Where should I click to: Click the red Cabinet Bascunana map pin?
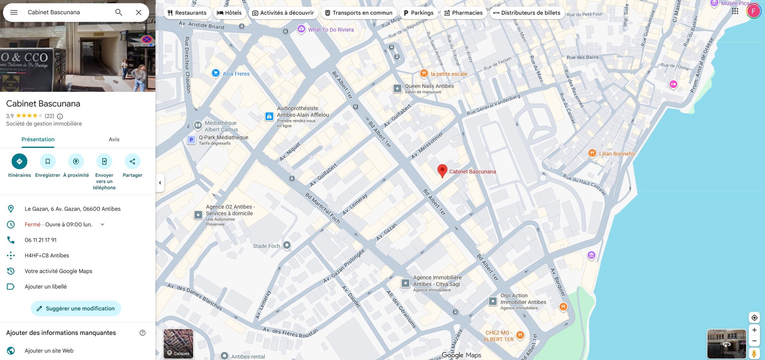tap(442, 170)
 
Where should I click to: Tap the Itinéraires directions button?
tap(19, 161)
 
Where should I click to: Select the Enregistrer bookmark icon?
tap(48, 161)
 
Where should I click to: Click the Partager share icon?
tap(132, 161)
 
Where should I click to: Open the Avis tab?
tap(114, 139)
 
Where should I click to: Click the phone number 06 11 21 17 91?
tap(41, 240)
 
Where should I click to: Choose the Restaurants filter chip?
tap(187, 13)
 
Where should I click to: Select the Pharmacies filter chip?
tap(463, 13)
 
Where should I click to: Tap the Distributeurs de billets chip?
tap(527, 13)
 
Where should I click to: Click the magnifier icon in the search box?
tap(119, 12)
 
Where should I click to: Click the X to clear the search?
tap(139, 12)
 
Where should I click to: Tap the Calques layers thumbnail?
tap(178, 344)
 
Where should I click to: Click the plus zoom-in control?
tap(754, 330)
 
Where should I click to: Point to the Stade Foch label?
tap(266, 246)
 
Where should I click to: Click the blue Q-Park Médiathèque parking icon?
tap(191, 140)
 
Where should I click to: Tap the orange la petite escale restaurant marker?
tap(424, 73)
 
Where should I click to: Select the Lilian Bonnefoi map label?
tap(617, 154)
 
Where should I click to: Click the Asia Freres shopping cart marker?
tap(215, 73)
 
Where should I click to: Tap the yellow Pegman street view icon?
tap(754, 353)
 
